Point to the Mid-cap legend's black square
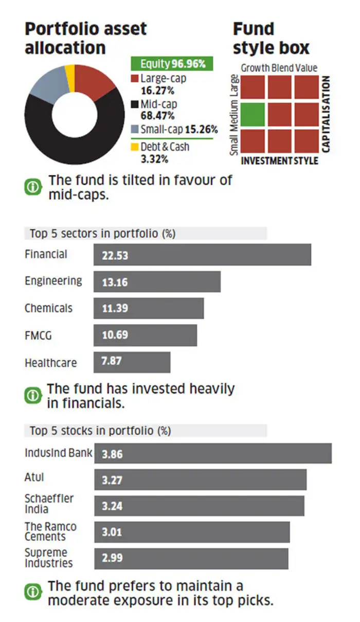tap(134, 104)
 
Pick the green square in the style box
tap(253, 114)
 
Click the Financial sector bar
tap(202, 255)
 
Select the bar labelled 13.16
tap(157, 282)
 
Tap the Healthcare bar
tap(132, 362)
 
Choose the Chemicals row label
tap(49, 309)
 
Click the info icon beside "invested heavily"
tap(32, 395)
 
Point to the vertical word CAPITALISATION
tap(326, 114)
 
